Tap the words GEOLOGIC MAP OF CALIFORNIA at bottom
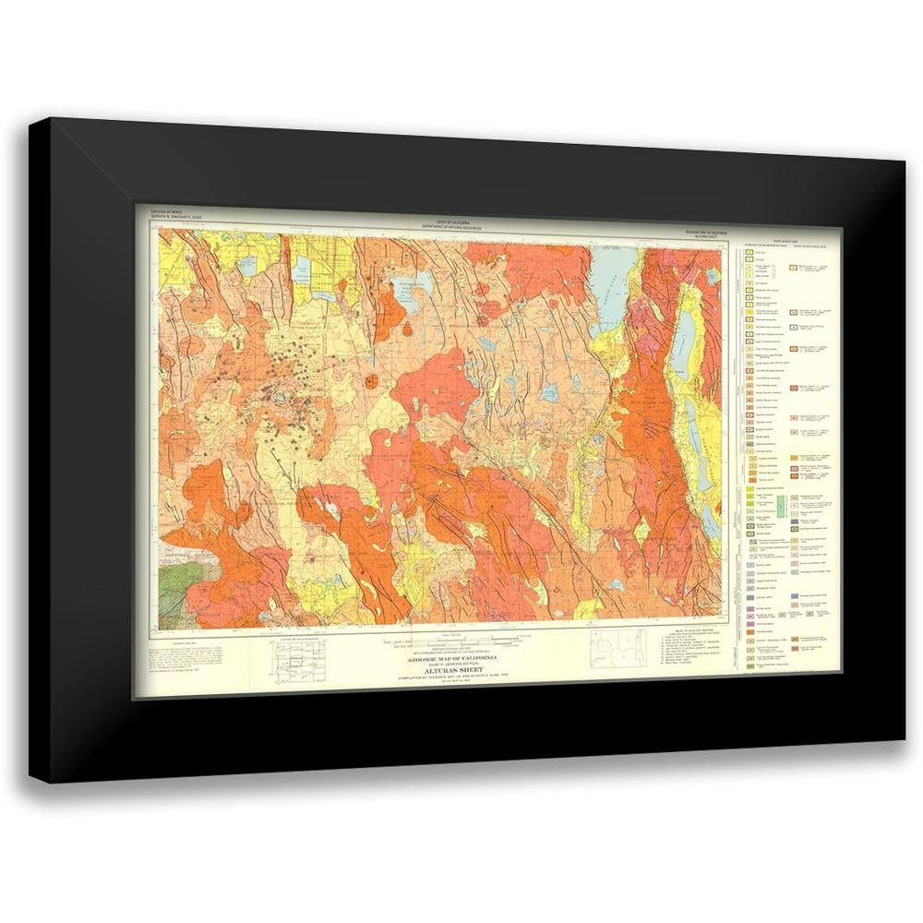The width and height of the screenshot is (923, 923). [x=451, y=656]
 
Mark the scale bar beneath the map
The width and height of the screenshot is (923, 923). [x=451, y=641]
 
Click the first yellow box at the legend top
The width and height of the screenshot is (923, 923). [x=750, y=251]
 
